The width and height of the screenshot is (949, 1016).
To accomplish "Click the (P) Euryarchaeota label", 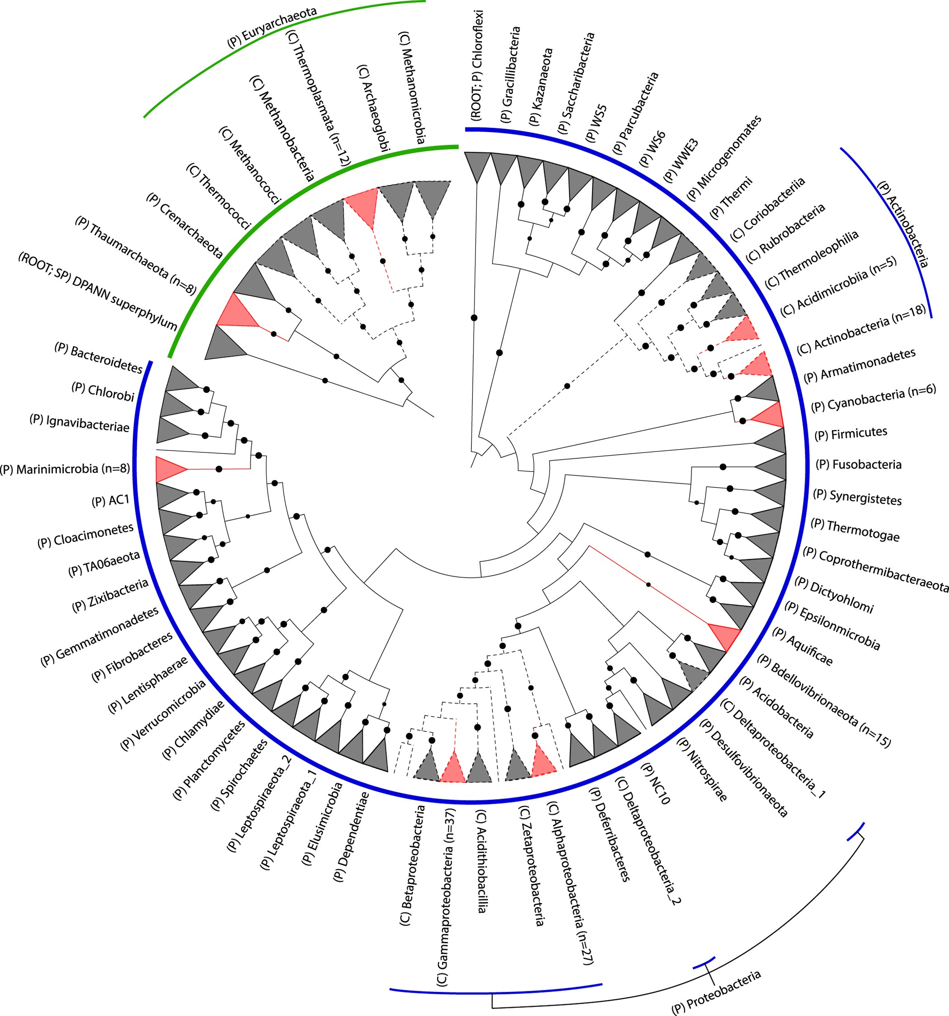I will coord(272,28).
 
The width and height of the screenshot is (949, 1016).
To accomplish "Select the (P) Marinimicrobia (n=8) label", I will coord(65,469).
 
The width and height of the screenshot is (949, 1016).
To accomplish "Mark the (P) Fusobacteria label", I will coord(859,465).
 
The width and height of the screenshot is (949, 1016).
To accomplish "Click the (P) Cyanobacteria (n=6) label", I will coord(874,398).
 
